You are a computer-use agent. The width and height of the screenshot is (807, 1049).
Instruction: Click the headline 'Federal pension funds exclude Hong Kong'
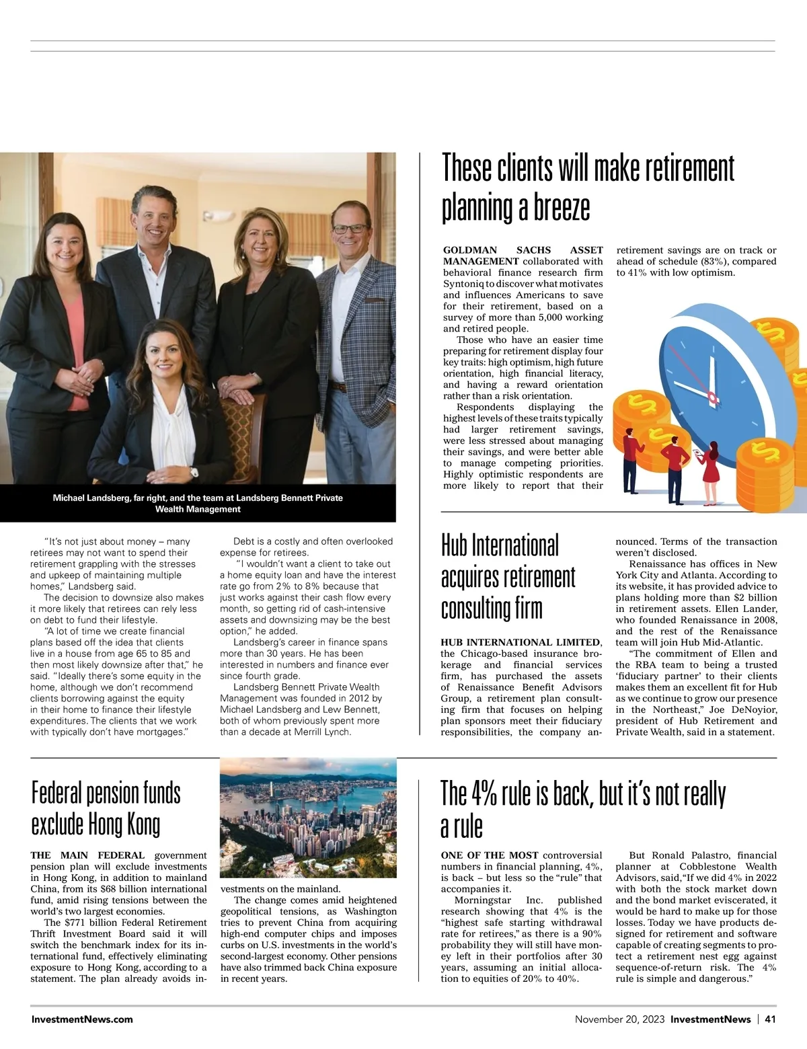(x=106, y=809)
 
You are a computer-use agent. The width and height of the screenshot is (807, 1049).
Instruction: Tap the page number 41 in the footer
(x=770, y=1019)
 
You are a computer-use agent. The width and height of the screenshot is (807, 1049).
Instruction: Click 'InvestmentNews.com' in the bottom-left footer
(x=82, y=1019)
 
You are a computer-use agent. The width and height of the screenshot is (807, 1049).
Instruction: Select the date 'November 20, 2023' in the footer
(x=619, y=1019)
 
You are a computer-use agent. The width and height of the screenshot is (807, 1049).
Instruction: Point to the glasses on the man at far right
(x=350, y=229)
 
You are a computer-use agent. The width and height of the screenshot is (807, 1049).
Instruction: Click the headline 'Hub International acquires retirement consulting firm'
(x=508, y=577)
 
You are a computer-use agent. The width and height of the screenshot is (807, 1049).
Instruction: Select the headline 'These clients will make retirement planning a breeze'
(x=588, y=187)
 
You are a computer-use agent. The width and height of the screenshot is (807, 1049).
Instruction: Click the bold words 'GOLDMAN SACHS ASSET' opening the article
(x=523, y=250)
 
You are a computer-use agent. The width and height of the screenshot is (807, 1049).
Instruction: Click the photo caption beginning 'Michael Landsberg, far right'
(x=198, y=503)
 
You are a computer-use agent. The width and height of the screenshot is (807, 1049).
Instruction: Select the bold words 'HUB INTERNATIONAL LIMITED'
(x=521, y=642)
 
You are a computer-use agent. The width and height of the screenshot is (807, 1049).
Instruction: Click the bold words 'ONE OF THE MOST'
(x=490, y=855)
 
